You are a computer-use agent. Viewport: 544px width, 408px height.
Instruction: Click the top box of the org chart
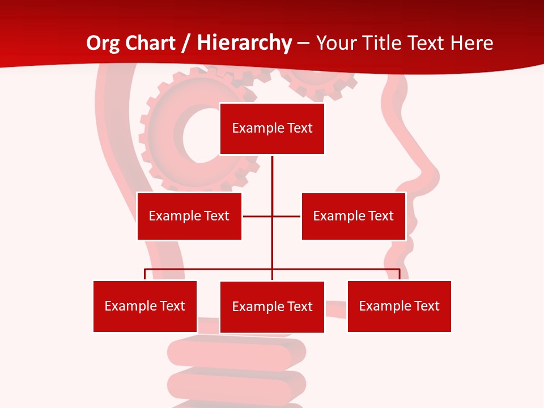[x=272, y=129]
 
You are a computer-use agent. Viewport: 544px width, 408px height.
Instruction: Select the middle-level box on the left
[x=189, y=216]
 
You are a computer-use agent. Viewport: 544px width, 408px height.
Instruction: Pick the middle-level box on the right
[x=353, y=216]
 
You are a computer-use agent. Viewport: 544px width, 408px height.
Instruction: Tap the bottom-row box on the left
[x=145, y=306]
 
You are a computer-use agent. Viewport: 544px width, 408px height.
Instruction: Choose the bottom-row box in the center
[x=272, y=307]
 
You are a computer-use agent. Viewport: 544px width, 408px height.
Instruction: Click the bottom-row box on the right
[x=399, y=306]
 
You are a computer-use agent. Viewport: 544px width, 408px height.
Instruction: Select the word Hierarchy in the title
[x=245, y=43]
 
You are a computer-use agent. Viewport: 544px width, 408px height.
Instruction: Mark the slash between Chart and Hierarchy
[x=185, y=44]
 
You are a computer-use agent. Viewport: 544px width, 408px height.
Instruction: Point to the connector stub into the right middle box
[x=287, y=216]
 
